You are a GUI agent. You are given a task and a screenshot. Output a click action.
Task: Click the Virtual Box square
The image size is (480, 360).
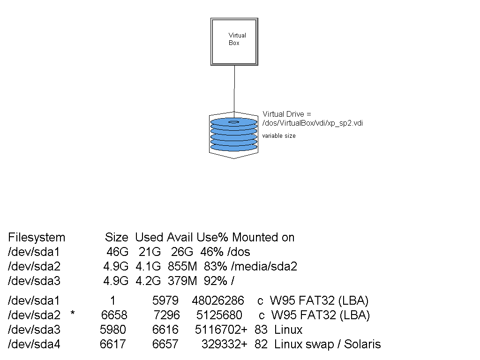point(234,41)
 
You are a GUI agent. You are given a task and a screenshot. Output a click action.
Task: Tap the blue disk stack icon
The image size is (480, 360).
point(234,135)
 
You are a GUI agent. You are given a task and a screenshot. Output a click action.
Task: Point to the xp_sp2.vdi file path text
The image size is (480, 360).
point(313,123)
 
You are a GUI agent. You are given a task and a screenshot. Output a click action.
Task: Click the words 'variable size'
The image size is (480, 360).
point(279,136)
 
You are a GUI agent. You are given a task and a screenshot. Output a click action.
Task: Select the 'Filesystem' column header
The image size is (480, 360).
point(37,237)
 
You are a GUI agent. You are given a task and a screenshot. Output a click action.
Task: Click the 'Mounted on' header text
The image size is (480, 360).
point(263,237)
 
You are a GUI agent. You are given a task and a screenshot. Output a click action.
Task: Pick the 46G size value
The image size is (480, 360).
point(117,252)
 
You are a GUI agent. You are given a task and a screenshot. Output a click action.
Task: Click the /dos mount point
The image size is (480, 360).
point(240,252)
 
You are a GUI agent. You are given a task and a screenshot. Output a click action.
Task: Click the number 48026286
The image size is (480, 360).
point(217,300)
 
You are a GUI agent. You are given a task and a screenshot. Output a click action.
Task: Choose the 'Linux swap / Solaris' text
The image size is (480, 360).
point(327,345)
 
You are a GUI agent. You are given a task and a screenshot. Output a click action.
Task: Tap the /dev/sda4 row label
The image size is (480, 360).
point(34,345)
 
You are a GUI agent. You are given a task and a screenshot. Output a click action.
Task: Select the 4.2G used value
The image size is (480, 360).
point(148,281)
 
